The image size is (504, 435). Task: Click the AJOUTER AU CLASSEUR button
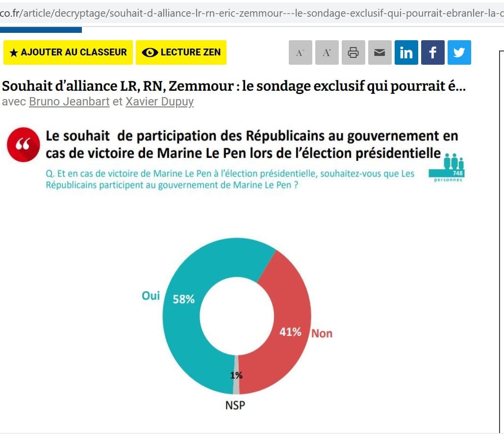click(x=68, y=52)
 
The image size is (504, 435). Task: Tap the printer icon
click(x=353, y=52)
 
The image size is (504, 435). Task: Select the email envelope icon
click(x=379, y=52)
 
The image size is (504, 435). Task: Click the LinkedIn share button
click(x=406, y=52)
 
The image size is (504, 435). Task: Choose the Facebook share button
click(x=432, y=52)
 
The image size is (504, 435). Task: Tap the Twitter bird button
click(x=459, y=52)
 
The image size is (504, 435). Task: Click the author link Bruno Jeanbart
click(x=69, y=102)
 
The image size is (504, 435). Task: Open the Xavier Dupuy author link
click(x=159, y=102)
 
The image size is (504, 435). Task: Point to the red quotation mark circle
click(x=23, y=145)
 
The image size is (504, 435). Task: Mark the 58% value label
click(x=184, y=299)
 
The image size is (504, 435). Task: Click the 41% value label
click(x=290, y=332)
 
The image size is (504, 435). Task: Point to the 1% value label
click(x=236, y=376)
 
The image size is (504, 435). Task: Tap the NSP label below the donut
click(x=235, y=406)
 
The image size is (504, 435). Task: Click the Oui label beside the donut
click(x=151, y=296)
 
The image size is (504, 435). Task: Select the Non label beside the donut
click(x=322, y=333)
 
